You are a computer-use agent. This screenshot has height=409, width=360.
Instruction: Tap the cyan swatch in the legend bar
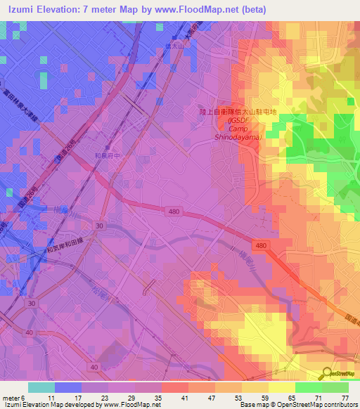coord(41,387)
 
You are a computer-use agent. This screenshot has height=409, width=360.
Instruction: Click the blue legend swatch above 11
coord(67,387)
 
